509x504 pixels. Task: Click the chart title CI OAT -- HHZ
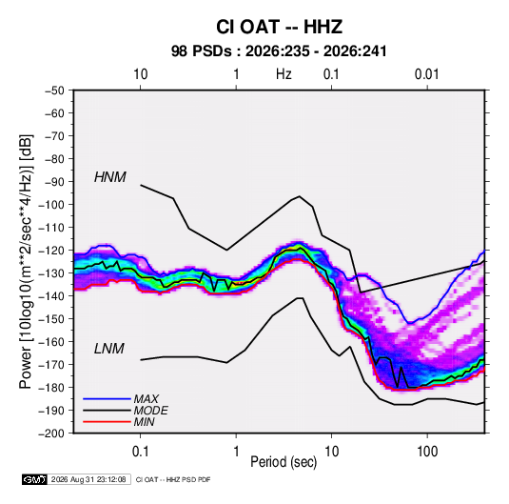click(x=279, y=27)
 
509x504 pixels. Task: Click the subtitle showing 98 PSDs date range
click(x=279, y=51)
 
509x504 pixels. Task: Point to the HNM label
click(x=110, y=177)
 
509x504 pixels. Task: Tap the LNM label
click(x=109, y=349)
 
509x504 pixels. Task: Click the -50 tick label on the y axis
click(x=54, y=91)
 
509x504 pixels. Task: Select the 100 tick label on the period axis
click(x=427, y=452)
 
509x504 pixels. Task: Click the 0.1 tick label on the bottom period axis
click(x=140, y=452)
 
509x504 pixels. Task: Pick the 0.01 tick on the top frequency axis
click(x=426, y=74)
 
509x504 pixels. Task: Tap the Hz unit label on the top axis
click(x=284, y=74)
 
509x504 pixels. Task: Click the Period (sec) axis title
click(x=284, y=462)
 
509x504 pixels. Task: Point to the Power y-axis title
click(x=26, y=262)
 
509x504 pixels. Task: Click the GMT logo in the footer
click(x=34, y=479)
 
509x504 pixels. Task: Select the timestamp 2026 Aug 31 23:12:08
click(x=88, y=479)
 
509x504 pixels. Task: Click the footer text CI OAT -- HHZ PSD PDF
click(x=173, y=480)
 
